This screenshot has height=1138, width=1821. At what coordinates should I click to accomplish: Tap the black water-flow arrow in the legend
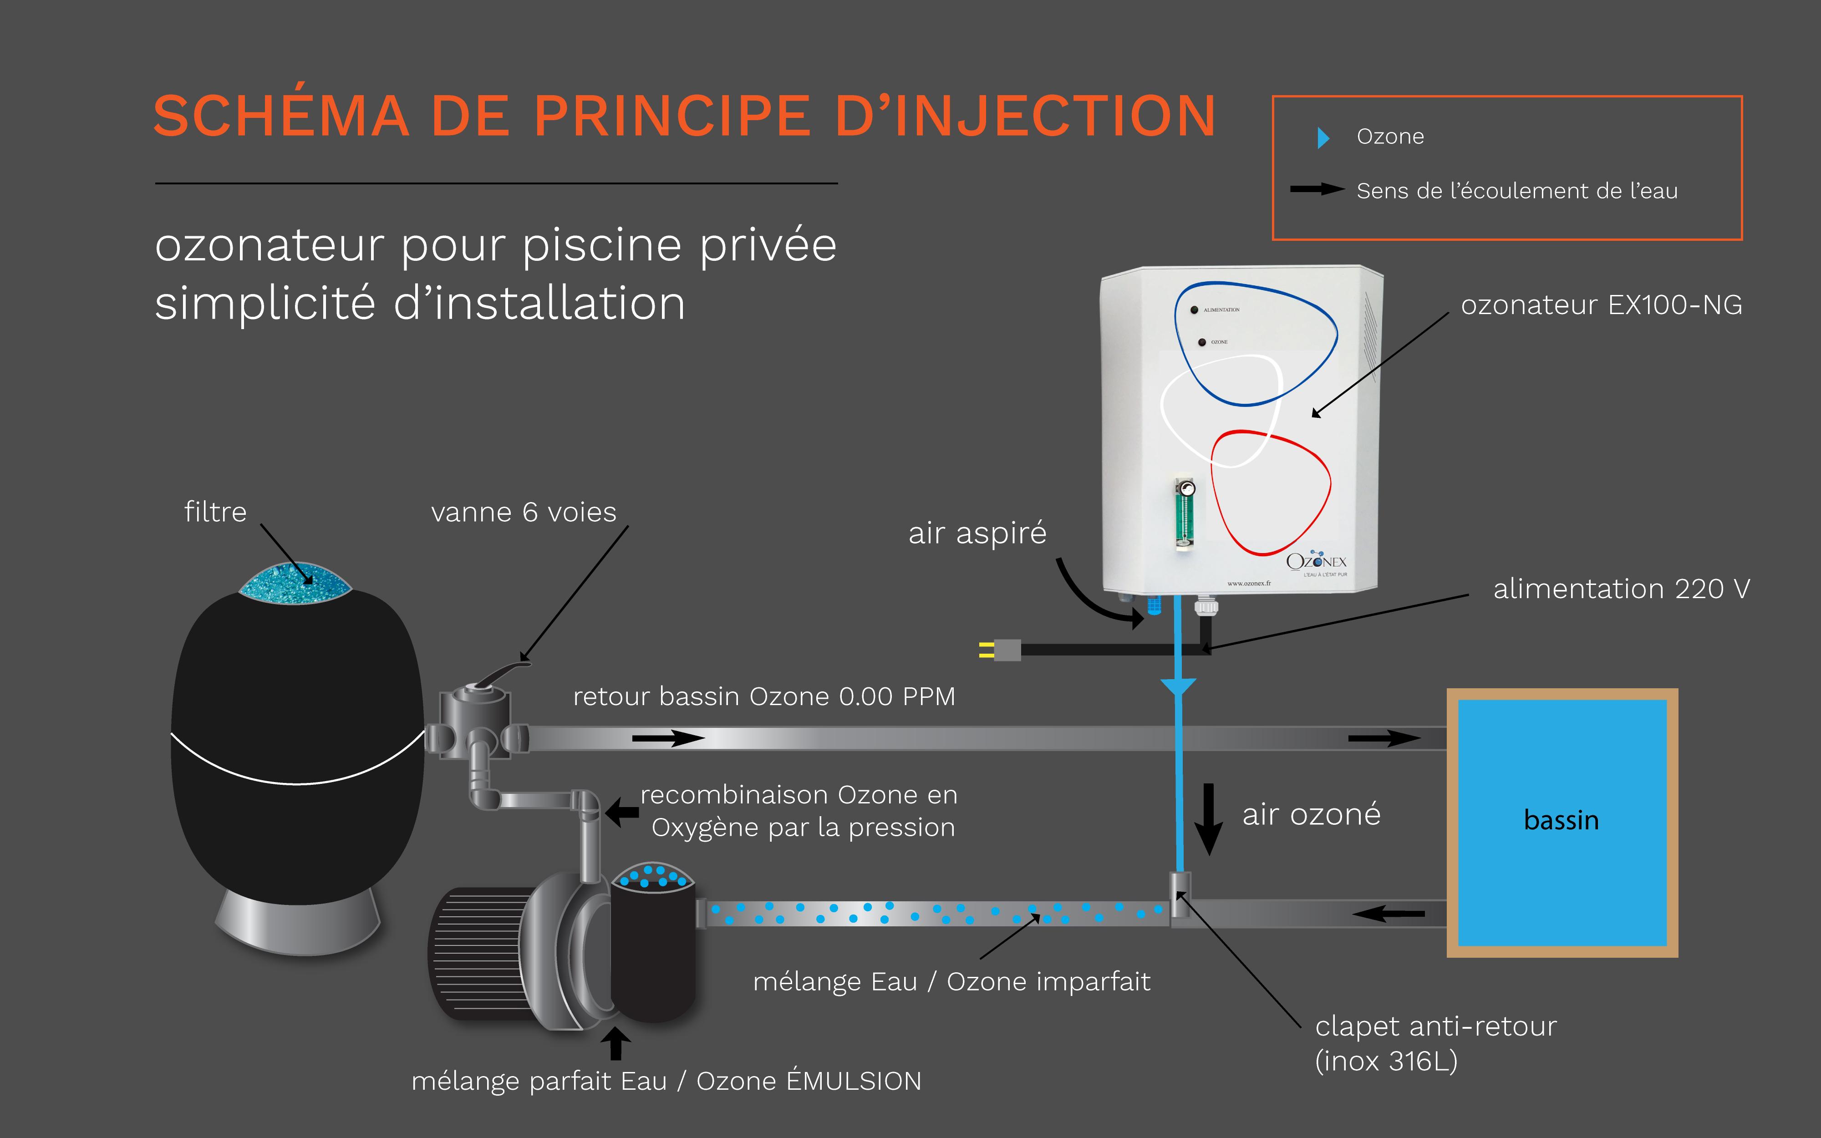coord(1317,190)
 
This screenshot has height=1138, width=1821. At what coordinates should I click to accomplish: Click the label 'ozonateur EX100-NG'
coord(1601,305)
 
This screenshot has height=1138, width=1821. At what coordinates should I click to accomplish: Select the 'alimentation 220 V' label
coord(1621,589)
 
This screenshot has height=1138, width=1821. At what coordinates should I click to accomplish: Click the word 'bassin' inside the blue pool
coord(1561,820)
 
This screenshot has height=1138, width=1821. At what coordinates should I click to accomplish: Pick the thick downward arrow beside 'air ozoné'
coord(1209,819)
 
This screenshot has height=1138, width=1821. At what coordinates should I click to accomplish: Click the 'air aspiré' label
coord(977,533)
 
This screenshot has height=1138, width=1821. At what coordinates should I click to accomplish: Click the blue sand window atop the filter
coord(295,583)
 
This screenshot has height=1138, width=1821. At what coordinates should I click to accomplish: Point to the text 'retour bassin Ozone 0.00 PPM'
coord(764,696)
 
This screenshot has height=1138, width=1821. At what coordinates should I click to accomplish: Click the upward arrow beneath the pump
coord(615,1044)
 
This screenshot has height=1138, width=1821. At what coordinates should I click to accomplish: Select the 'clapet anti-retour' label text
coord(1435,1026)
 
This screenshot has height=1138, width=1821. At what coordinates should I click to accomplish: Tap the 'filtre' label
coord(215,512)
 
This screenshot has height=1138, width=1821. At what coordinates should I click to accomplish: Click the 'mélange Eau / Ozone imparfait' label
coord(951,981)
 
